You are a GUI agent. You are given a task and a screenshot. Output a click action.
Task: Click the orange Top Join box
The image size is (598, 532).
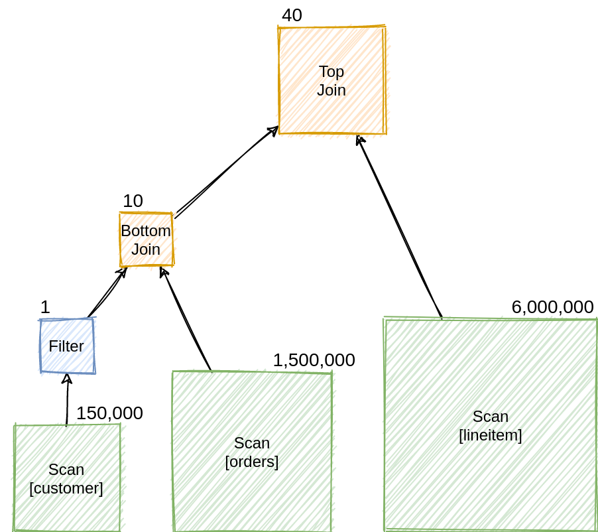click(331, 80)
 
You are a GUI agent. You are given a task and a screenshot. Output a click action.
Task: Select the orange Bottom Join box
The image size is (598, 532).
click(146, 239)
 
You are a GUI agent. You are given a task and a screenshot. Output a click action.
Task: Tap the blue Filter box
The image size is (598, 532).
click(66, 346)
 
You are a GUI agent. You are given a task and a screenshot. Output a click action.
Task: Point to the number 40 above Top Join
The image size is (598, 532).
click(292, 15)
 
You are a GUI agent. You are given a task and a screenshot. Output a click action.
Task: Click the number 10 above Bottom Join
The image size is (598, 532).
click(133, 201)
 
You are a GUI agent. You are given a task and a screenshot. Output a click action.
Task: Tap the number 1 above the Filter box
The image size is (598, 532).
click(45, 307)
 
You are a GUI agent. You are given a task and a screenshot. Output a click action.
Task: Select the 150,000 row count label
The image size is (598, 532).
click(109, 413)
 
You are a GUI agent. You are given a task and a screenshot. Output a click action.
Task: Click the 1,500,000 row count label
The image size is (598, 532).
click(314, 360)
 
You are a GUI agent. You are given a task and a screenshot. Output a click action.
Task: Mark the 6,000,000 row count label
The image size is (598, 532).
click(552, 307)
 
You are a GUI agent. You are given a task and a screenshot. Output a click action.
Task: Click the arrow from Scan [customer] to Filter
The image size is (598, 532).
click(67, 399)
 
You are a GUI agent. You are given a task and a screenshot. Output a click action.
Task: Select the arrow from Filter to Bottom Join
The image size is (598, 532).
click(107, 293)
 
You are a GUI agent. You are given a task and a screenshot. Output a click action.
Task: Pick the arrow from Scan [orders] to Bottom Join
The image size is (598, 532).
click(186, 319)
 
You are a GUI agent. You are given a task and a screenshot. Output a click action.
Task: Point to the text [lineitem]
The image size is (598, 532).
click(491, 436)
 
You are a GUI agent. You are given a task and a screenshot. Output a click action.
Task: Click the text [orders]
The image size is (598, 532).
click(252, 462)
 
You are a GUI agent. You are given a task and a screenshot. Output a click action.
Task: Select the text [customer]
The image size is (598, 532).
click(66, 488)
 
